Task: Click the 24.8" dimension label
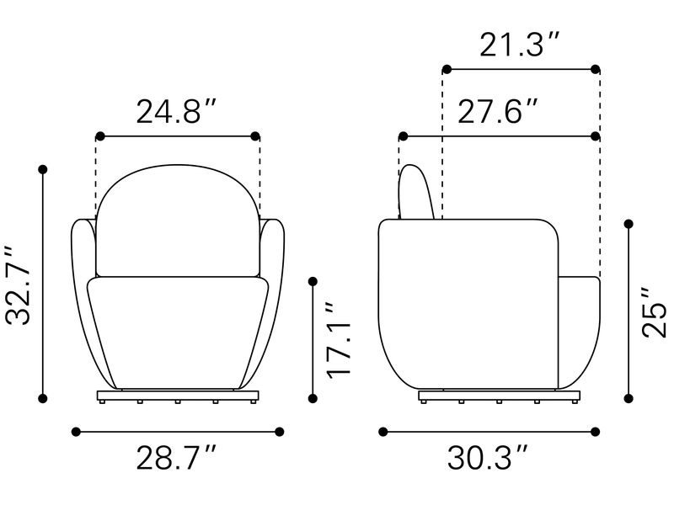(x=176, y=112)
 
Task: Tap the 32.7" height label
(x=19, y=285)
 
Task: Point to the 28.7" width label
(x=176, y=458)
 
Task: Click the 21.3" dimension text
(x=520, y=45)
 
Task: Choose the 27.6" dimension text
(x=497, y=112)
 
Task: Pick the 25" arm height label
(x=655, y=312)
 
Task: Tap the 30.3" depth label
(x=488, y=458)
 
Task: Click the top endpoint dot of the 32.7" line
(x=43, y=170)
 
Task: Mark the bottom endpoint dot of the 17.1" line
(x=313, y=398)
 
